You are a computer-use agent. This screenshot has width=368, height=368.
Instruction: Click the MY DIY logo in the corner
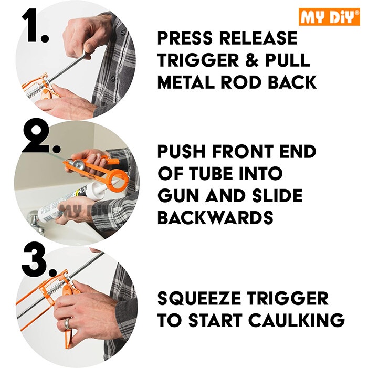tap(329, 17)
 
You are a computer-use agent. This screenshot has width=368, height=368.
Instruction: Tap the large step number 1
tap(35, 26)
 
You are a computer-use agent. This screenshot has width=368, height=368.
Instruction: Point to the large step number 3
tap(39, 259)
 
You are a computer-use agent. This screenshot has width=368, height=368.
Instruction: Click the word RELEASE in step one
tap(258, 38)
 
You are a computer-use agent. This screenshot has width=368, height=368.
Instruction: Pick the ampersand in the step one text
tap(252, 60)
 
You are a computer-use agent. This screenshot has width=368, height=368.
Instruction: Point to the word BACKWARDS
tap(215, 217)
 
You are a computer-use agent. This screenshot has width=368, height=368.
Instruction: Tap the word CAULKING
tap(297, 320)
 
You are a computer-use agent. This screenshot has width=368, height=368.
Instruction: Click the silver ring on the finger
tap(68, 323)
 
